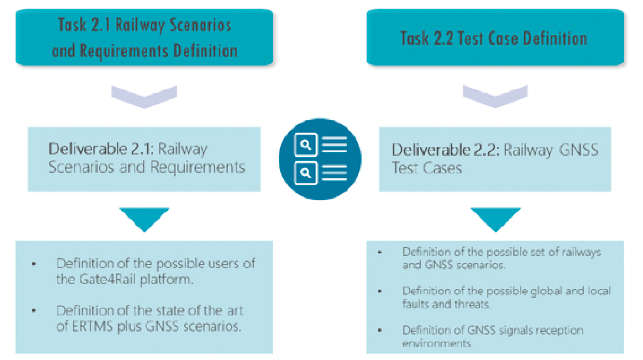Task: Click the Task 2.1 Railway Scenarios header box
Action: click(144, 37)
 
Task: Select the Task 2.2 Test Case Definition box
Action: click(495, 37)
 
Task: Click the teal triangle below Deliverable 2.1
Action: click(144, 217)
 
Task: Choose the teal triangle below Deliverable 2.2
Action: click(496, 217)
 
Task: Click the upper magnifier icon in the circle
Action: click(306, 145)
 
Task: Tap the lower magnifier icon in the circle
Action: click(306, 173)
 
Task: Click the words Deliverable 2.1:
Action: click(101, 149)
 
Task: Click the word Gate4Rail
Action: click(107, 279)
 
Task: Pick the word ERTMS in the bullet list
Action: click(92, 326)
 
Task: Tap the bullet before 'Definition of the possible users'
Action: click(34, 264)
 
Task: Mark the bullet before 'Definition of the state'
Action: click(34, 311)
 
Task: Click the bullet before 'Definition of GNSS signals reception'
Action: click(380, 330)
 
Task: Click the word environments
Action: click(438, 343)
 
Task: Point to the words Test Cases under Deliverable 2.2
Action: click(427, 168)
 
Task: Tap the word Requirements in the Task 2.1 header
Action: click(124, 51)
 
